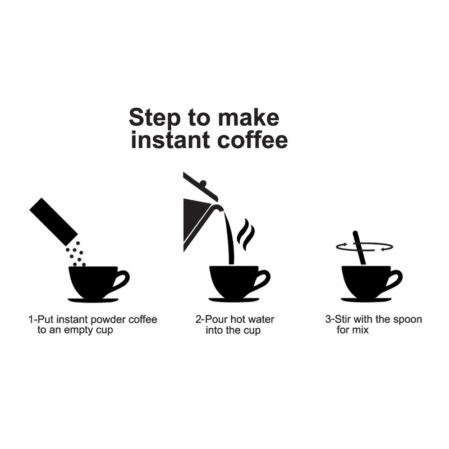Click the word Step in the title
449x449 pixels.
tap(150, 118)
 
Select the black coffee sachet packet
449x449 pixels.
tap(53, 219)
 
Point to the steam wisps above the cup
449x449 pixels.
tap(245, 235)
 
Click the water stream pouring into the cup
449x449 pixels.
tap(230, 239)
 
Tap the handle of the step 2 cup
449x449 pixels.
tap(263, 279)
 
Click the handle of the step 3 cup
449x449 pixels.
tap(395, 279)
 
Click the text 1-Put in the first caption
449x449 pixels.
tap(42, 320)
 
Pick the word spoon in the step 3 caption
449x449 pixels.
tap(408, 320)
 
